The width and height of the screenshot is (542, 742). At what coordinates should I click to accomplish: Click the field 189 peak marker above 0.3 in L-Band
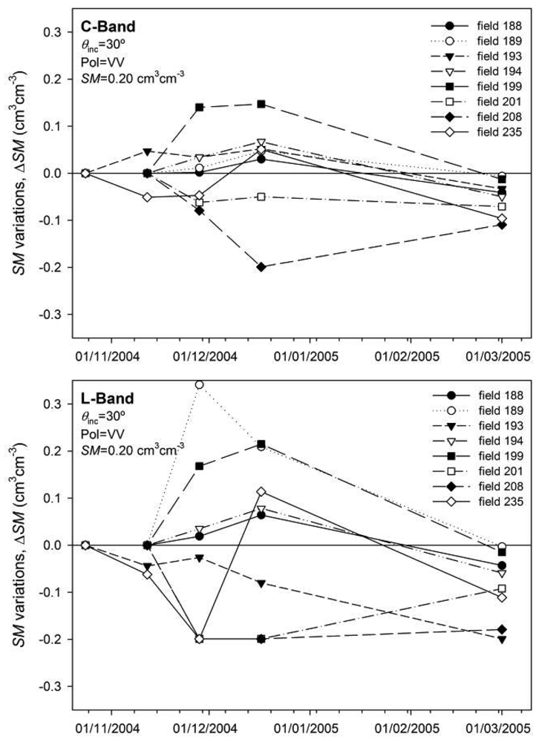(x=199, y=384)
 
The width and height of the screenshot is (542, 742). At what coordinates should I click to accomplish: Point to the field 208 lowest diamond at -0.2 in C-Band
(x=261, y=267)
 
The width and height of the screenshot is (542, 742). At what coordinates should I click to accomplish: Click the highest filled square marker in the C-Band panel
(x=261, y=104)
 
